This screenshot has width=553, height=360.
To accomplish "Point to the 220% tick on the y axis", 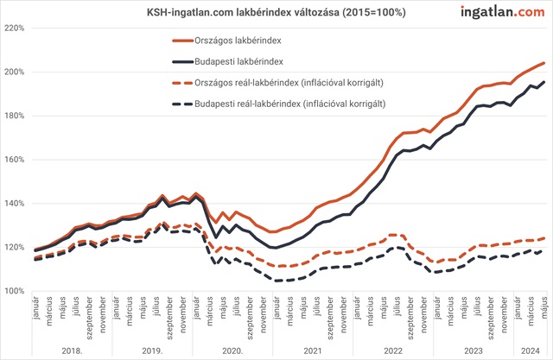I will tap(16, 28).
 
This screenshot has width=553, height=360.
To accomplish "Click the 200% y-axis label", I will tap(16, 72).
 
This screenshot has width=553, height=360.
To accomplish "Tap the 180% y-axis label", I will tap(16, 116).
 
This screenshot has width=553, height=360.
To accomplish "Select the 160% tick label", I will tap(16, 160).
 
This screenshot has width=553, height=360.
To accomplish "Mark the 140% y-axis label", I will tap(16, 204).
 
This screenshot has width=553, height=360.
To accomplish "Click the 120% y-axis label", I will tap(16, 248).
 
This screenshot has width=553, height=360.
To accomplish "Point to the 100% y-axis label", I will tap(16, 292).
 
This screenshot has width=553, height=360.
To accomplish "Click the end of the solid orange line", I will tap(543, 62).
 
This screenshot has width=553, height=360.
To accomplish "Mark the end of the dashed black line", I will tap(543, 250).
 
